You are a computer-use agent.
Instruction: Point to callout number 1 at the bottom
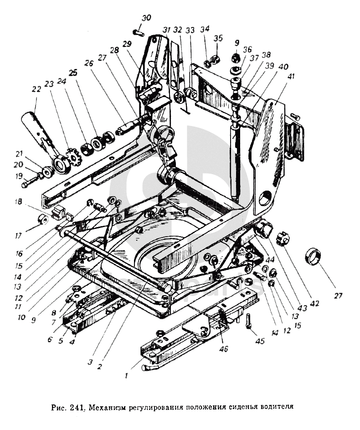(126, 376)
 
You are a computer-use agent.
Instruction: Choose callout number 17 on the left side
(18, 236)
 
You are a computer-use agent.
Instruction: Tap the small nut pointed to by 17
(43, 219)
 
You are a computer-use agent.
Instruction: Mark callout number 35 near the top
(218, 38)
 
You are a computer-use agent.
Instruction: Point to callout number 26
(89, 63)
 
